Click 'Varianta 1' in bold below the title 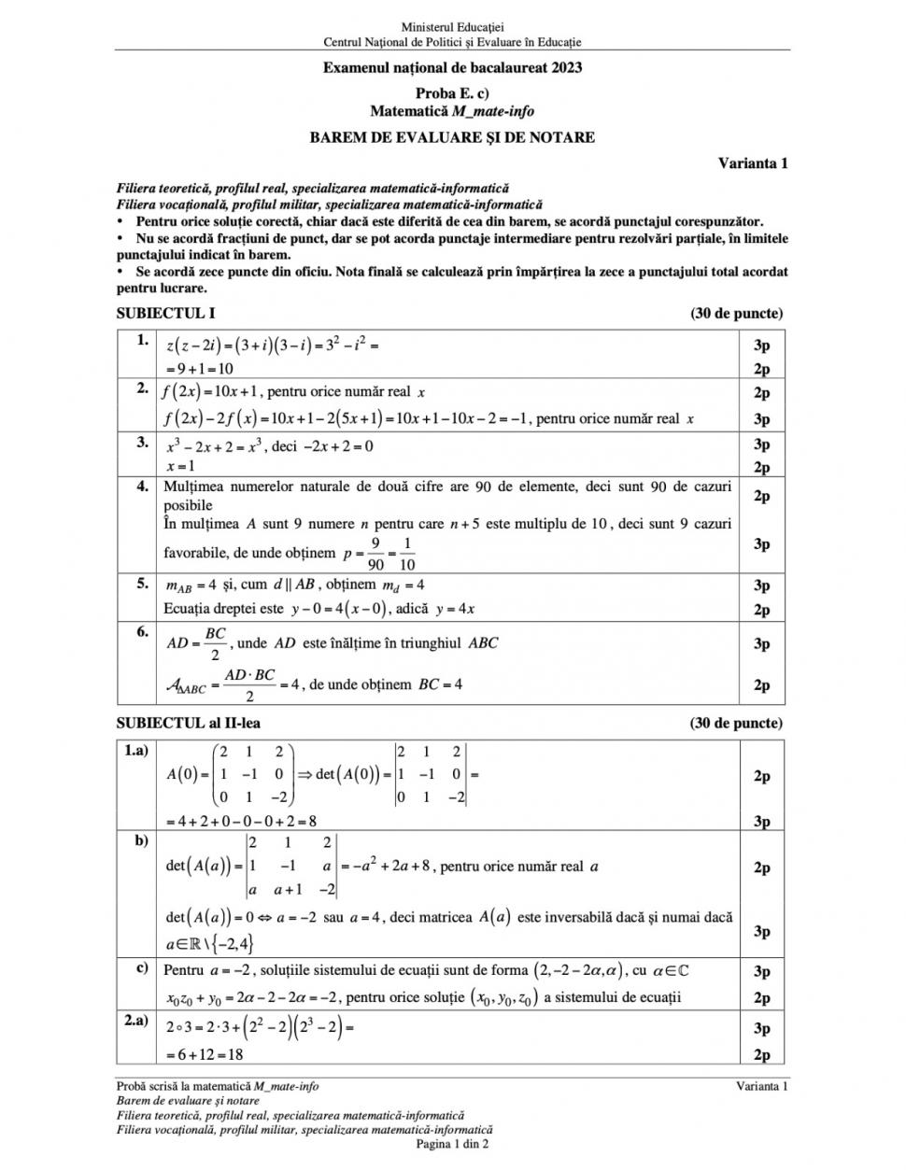coord(753,162)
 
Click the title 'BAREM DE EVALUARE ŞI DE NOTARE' coord(452,137)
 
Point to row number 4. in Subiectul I coord(142,486)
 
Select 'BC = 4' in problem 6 coord(440,684)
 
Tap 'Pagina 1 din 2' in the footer coord(452,1143)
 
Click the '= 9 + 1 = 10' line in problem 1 coord(199,369)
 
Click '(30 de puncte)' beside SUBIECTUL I coord(736,314)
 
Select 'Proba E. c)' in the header coord(452,92)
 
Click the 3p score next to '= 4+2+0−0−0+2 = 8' coord(761,822)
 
